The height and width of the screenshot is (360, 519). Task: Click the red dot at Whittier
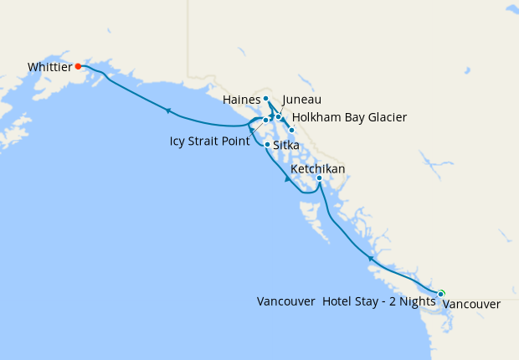coord(77,65)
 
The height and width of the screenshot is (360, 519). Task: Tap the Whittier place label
coord(48,66)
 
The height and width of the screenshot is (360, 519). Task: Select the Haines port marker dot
coord(265,99)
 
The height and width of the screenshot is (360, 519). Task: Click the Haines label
coord(241,100)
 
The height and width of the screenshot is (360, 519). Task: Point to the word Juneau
coord(302,100)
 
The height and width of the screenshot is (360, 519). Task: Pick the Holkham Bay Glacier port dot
coord(291,130)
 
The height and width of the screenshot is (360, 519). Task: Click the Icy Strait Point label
coord(209,141)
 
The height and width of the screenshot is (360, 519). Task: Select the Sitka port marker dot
coord(267,145)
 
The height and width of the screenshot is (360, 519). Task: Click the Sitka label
coord(286,146)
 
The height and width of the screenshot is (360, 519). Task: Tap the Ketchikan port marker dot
coord(319,178)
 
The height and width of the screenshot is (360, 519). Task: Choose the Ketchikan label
coord(317,169)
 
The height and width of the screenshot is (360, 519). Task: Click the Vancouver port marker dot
coord(440,294)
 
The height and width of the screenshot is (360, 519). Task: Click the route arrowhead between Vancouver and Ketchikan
coord(369,260)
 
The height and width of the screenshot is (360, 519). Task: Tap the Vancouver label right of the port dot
coord(471,305)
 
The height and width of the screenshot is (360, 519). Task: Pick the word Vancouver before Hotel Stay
coord(286,302)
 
